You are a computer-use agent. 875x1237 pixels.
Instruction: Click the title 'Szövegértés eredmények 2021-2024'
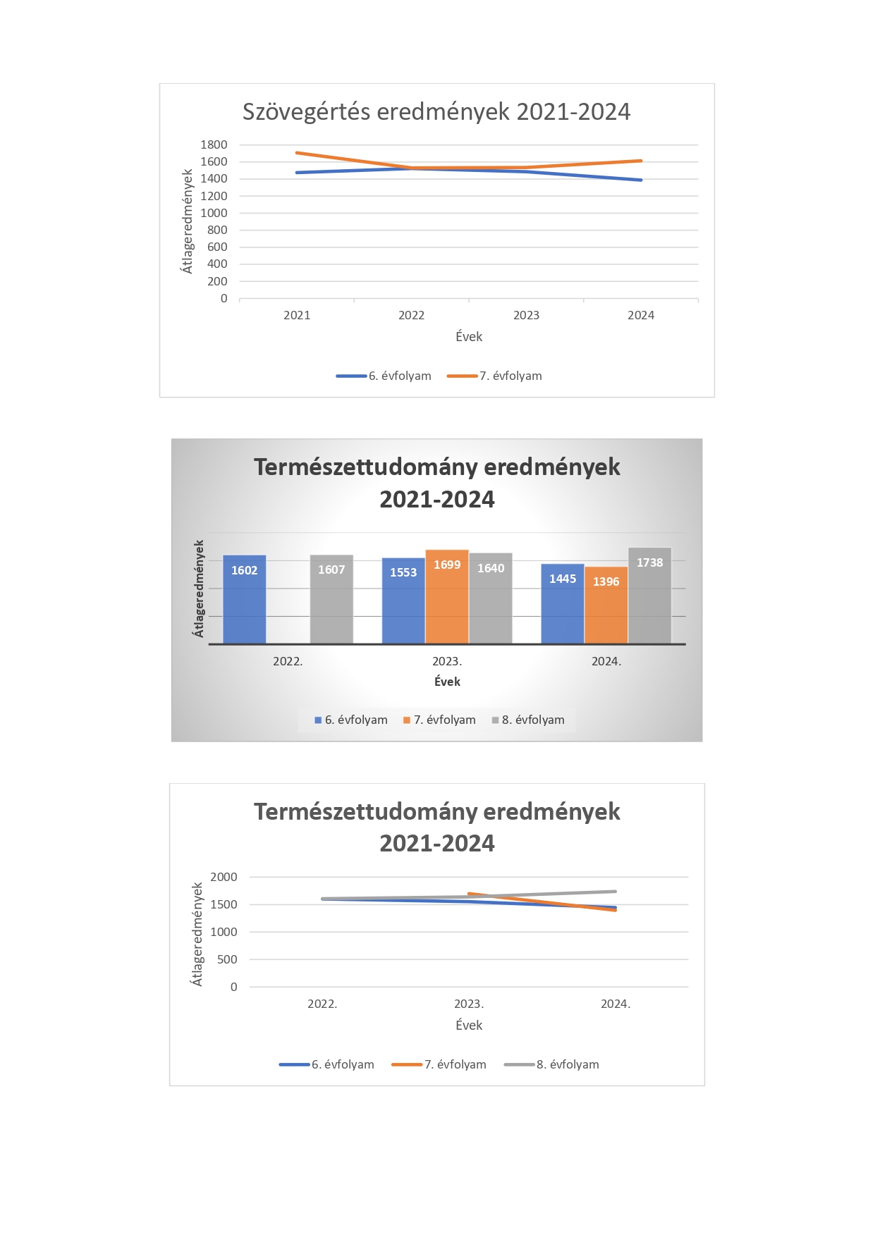(436, 111)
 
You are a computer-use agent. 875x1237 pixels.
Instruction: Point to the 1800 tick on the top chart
(214, 144)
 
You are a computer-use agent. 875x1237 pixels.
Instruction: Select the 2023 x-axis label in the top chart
(526, 315)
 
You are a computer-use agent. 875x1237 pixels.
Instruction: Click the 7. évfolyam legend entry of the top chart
(495, 376)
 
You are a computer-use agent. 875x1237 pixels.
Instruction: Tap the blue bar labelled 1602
(245, 599)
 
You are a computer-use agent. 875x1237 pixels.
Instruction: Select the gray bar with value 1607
(331, 599)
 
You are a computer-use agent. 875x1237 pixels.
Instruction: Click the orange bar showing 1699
(447, 596)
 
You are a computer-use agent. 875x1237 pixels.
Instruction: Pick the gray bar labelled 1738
(650, 596)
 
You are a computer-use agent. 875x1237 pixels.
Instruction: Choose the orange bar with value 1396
(606, 605)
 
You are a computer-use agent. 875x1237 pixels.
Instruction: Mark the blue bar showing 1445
(563, 603)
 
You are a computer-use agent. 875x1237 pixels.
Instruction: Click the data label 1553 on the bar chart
(403, 572)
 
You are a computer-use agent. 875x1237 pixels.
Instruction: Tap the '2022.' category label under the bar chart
(288, 661)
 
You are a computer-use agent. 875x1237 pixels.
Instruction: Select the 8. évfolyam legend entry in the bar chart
(529, 720)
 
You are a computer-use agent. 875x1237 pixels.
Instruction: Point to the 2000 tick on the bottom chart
(224, 877)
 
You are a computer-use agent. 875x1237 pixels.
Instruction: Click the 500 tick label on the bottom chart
(227, 959)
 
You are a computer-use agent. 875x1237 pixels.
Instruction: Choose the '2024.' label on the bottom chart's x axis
(616, 1004)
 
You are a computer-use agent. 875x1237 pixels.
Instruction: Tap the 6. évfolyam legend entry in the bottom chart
(327, 1064)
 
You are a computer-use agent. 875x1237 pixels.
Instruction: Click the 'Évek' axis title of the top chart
(469, 336)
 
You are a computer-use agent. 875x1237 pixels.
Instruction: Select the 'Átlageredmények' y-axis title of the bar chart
(199, 589)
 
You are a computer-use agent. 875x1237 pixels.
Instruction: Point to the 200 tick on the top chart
(217, 281)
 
